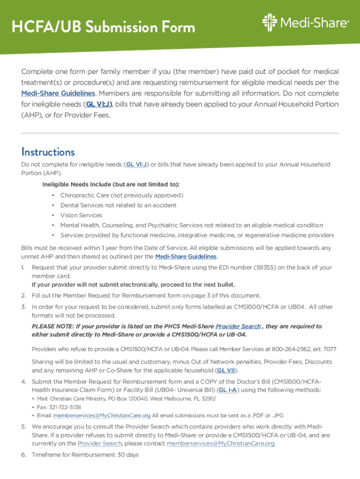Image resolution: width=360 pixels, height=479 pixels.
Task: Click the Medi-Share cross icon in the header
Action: pyautogui.click(x=270, y=22)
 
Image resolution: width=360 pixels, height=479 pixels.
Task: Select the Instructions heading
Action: pyautogui.click(x=48, y=152)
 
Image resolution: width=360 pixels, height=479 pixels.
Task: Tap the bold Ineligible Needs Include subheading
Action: pyautogui.click(x=111, y=184)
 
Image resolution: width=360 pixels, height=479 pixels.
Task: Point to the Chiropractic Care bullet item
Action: pyautogui.click(x=122, y=195)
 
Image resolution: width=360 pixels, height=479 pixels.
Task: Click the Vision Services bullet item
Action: pyautogui.click(x=81, y=215)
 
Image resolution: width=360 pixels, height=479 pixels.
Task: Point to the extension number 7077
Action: pyautogui.click(x=329, y=349)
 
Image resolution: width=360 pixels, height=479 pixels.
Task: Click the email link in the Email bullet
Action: pyautogui.click(x=102, y=415)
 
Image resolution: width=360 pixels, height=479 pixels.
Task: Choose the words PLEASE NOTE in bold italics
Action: pyautogui.click(x=51, y=327)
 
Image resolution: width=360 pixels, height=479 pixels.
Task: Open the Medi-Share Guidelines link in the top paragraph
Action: pyautogui.click(x=58, y=94)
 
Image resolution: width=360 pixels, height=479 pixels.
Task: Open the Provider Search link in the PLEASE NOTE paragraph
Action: pyautogui.click(x=238, y=327)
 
